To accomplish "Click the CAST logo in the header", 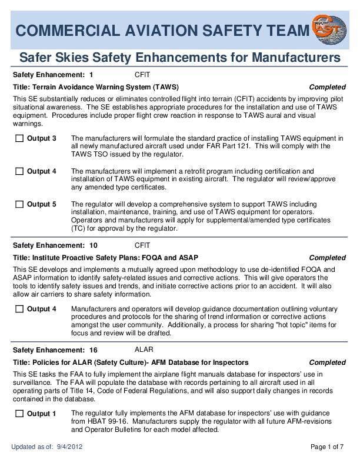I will [329, 29].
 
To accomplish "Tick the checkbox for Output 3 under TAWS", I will [19, 138].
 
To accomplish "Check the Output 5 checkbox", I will [19, 204].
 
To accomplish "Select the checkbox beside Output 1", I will [19, 414].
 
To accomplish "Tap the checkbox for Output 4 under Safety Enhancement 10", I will [19, 309].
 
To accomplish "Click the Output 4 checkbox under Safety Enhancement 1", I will [19, 171].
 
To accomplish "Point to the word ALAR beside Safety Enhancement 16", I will [144, 349].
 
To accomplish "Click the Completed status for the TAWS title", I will [327, 87].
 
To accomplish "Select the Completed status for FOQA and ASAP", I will [327, 258].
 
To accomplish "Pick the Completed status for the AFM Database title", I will [327, 362].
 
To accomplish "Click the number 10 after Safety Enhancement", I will [94, 245].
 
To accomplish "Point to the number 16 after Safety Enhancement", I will [94, 349].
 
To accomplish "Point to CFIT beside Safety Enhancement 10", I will [142, 245].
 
